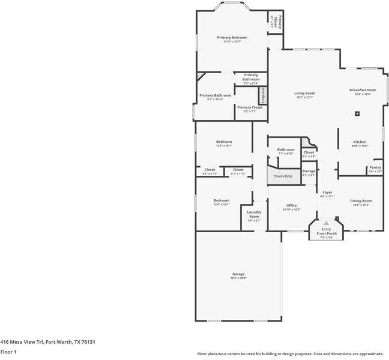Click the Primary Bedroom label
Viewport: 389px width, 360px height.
232,38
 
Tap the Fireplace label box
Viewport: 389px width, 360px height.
262,95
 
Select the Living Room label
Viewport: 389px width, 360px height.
304,94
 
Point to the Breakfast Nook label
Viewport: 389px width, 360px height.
363,90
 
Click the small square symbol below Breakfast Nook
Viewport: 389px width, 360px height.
357,113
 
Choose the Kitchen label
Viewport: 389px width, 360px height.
360,142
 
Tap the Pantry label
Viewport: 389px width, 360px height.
375,167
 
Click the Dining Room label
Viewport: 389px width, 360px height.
361,201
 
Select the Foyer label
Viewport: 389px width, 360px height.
327,193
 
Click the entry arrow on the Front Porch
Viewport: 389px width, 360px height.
327,223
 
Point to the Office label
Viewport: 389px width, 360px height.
291,206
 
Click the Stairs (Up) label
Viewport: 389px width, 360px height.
283,176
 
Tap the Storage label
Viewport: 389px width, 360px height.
309,172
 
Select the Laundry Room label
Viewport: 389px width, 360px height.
254,214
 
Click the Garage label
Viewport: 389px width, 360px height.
238,275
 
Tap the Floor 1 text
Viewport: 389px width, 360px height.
8,352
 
